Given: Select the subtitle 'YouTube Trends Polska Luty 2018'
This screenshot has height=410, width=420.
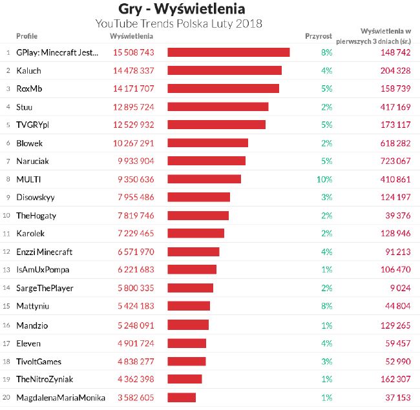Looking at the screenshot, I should click(178, 24).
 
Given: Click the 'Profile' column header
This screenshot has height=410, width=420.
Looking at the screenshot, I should click(26, 36).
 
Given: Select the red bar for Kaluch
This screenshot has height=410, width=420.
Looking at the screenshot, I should click(224, 70).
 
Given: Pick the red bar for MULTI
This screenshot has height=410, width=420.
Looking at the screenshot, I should click(204, 179).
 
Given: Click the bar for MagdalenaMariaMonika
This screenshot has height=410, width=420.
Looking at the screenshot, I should click(182, 397).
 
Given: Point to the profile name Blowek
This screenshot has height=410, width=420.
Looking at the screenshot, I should click(29, 143).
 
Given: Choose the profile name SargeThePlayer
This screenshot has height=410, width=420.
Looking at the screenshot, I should click(45, 288).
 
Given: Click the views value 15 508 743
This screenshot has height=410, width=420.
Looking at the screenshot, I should click(133, 52).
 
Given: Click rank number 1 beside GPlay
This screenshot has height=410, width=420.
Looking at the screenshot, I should click(8, 52).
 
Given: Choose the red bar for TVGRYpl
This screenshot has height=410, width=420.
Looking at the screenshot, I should click(216, 125).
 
